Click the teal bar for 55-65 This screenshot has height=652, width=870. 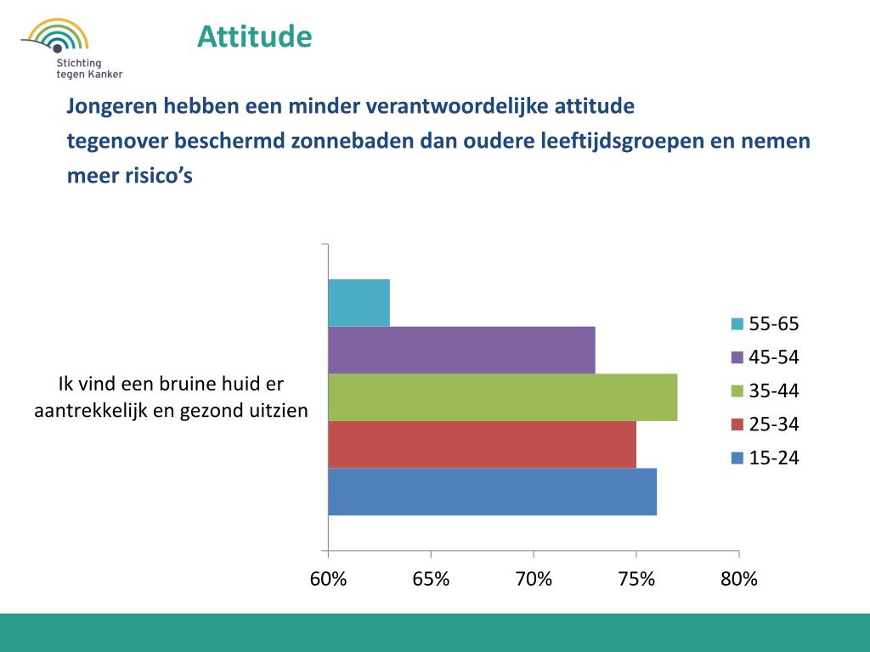pos(359,302)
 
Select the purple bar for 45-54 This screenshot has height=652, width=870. pos(461,350)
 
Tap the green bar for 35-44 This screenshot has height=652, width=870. pos(502,397)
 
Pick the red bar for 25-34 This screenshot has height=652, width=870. pos(482,444)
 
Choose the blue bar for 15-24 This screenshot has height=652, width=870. pos(492,492)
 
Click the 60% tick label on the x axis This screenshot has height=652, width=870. pos(328,579)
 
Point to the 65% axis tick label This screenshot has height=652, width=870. pos(431,579)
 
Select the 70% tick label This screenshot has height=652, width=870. pos(534,579)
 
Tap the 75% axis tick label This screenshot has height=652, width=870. pos(636,579)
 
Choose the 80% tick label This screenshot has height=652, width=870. pos(739,579)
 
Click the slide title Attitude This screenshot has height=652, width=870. pos(255,37)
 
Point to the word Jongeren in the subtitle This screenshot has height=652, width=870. pos(109,108)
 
